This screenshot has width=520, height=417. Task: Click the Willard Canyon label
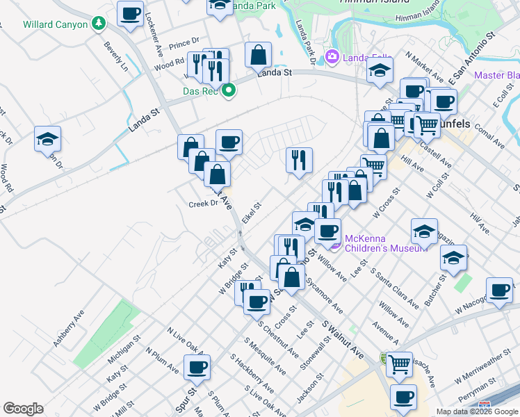[x=56, y=24]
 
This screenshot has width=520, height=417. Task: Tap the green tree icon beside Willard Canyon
[x=99, y=24]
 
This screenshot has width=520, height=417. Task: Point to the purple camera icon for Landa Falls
[x=332, y=56]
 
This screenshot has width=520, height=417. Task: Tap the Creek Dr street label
[x=204, y=204]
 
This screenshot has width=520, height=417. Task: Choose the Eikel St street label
[x=251, y=213]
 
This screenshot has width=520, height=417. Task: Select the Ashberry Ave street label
[x=69, y=328]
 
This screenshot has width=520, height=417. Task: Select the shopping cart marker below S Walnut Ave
[x=399, y=363]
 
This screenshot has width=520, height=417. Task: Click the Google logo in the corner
[x=23, y=409]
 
